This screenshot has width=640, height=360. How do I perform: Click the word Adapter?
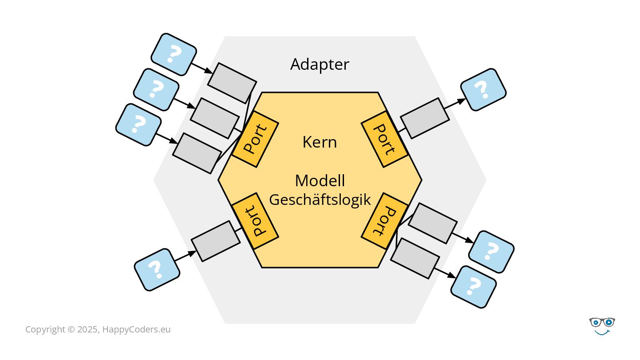(320, 64)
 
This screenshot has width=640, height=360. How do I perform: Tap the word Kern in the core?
(320, 142)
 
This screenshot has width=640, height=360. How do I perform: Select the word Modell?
(320, 181)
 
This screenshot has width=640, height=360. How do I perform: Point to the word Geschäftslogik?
(320, 200)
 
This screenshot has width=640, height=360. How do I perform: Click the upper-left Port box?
(255, 138)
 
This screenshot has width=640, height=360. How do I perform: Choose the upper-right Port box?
(384, 138)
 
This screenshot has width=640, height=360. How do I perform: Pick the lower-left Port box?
(255, 221)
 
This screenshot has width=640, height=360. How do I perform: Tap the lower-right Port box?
(384, 221)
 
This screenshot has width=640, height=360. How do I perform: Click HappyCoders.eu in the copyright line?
(136, 329)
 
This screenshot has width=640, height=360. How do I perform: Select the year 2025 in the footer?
(88, 329)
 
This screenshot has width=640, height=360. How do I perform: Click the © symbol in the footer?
(71, 329)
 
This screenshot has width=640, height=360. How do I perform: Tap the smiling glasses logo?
(602, 326)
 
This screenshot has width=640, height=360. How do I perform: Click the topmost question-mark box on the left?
(173, 54)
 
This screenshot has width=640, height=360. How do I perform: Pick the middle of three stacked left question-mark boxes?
(156, 89)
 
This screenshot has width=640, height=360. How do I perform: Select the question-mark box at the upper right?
(483, 89)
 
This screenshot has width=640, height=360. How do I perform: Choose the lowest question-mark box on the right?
(473, 287)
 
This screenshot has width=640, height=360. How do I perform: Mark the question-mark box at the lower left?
(157, 269)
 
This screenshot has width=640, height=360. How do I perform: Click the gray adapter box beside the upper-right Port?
(424, 118)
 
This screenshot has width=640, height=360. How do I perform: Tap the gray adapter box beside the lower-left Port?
(216, 241)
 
